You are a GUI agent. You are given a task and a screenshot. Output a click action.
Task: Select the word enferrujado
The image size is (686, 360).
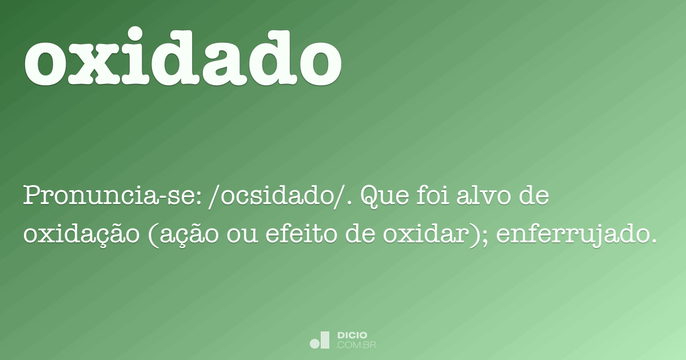click(572, 234)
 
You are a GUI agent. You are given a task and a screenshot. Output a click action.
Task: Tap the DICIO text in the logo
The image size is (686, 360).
click(352, 335)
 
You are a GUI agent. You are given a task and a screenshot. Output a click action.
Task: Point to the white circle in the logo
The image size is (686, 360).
click(315, 343)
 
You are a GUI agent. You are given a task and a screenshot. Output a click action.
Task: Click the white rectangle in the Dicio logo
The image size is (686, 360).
click(325, 339)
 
